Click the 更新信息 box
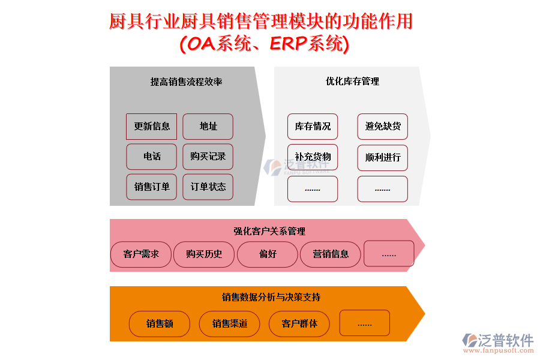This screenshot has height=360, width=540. tap(152, 127)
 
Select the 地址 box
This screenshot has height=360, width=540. tap(208, 127)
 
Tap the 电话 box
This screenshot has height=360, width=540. tap(152, 157)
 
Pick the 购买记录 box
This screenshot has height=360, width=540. tap(208, 157)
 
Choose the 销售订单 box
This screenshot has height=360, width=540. tap(152, 187)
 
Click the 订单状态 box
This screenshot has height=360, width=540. tap(208, 187)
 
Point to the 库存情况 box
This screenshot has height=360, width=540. tap(313, 127)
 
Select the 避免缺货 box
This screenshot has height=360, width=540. tap(383, 127)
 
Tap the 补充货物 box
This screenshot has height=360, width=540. tap(313, 157)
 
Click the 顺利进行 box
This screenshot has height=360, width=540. tap(383, 158)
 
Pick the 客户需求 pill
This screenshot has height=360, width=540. tap(141, 254)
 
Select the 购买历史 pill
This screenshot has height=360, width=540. tap(204, 254)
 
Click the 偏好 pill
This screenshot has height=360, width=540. tap(268, 254)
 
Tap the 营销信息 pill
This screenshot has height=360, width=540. tap(331, 254)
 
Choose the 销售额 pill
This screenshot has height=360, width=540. tap(160, 324)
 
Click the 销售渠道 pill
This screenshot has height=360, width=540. tap(229, 324)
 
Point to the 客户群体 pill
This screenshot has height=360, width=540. tap(299, 324)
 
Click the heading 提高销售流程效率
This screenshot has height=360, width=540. tap(186, 82)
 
